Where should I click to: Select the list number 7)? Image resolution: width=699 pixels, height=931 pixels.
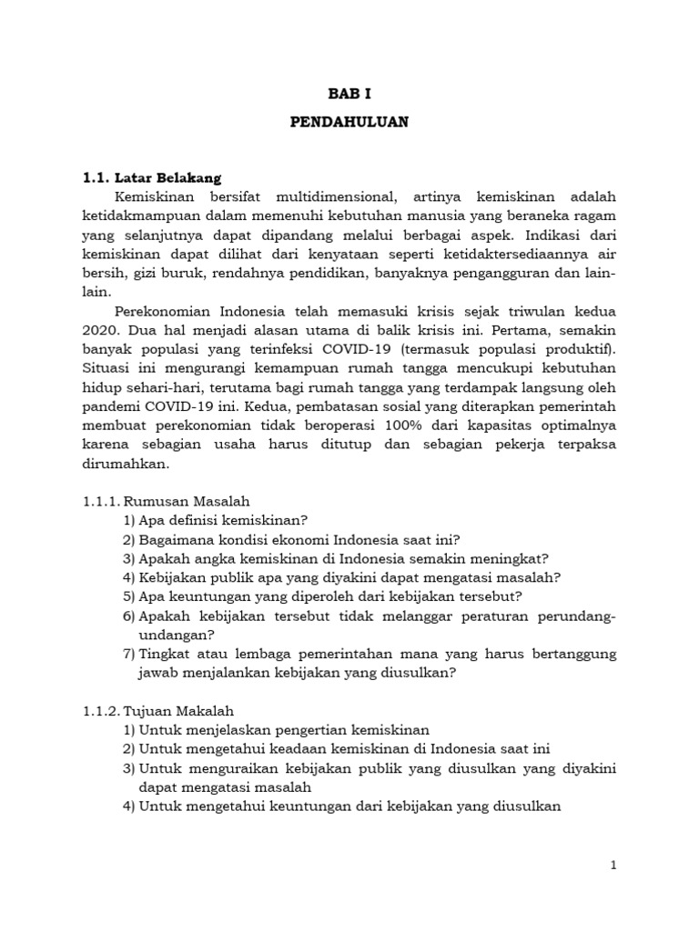128,654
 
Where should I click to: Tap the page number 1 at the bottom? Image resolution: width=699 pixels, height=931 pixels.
613,866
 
